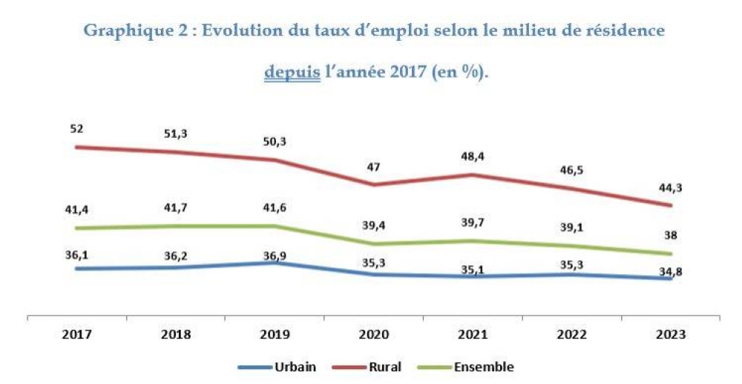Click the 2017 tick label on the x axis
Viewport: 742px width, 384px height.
coord(76,334)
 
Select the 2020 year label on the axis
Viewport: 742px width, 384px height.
coord(373,334)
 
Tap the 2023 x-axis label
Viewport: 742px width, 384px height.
coord(671,334)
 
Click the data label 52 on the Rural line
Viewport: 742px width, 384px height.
coord(77,129)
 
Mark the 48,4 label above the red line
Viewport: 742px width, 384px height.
coord(472,157)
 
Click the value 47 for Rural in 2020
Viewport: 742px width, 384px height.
coord(373,168)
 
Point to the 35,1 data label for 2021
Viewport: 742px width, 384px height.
coord(472,270)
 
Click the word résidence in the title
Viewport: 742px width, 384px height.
coord(622,31)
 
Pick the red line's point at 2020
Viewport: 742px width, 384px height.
coord(373,185)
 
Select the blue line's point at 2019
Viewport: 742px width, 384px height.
coord(274,262)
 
